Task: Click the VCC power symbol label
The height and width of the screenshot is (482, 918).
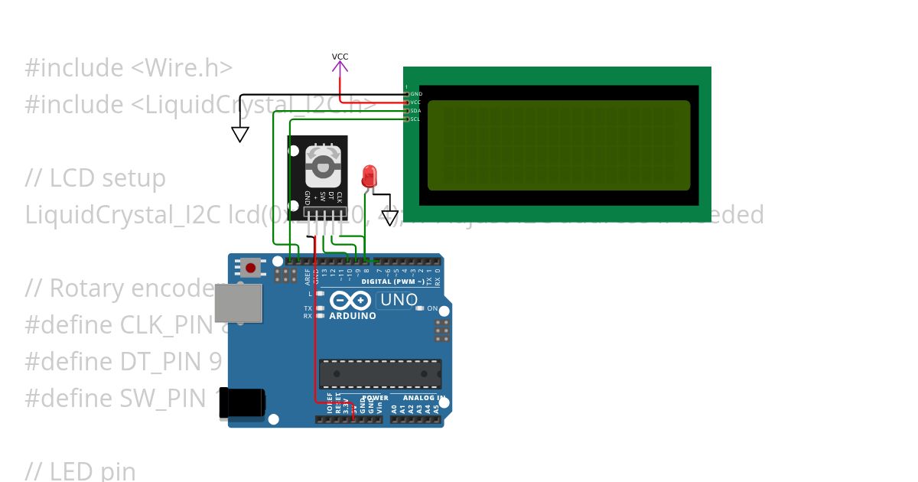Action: [x=340, y=57]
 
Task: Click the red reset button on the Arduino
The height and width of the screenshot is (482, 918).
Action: [x=250, y=268]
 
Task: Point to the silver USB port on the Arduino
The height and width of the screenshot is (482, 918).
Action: [x=236, y=303]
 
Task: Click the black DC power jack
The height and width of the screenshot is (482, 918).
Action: [x=242, y=403]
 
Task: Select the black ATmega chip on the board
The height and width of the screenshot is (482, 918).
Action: [x=380, y=373]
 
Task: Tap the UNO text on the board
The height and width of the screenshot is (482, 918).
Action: [x=399, y=300]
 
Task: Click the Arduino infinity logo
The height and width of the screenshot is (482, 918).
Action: [x=350, y=301]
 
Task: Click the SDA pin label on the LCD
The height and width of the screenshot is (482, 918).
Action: [x=415, y=111]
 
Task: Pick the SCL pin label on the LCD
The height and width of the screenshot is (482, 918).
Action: [x=415, y=119]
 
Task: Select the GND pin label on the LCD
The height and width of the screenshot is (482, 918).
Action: [x=415, y=94]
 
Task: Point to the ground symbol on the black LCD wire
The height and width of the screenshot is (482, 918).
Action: [x=240, y=134]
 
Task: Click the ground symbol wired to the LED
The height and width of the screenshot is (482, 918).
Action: [x=390, y=218]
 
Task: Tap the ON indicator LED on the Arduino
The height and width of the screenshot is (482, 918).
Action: [x=420, y=308]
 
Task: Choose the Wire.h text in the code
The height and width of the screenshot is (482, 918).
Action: [x=181, y=68]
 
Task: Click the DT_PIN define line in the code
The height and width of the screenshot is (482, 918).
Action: [x=122, y=362]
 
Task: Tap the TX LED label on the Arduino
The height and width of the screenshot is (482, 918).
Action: [x=308, y=308]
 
